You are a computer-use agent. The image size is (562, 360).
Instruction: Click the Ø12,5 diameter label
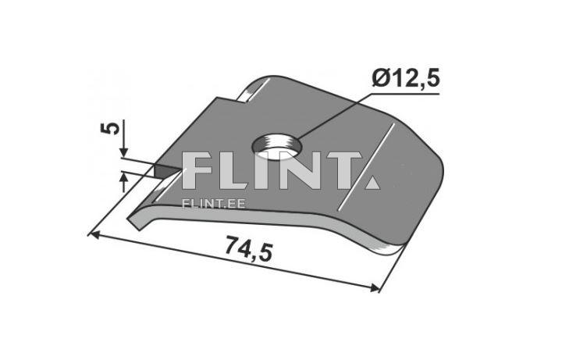coord(406,79)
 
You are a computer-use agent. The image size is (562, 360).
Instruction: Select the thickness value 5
coord(110,128)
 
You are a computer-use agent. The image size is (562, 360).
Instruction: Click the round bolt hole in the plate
coord(277,146)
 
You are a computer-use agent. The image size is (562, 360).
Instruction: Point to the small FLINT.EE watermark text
coord(214,204)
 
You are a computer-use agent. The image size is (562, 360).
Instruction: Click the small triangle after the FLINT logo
coord(373,183)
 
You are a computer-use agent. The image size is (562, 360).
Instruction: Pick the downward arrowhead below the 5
coord(123,152)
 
